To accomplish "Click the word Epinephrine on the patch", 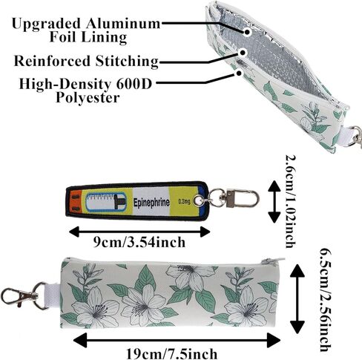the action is pos(151,203).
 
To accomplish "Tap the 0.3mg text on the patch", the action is pos(184,202).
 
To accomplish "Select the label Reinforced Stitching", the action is pos(86,61).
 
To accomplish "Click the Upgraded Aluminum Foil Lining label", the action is pos(86,30).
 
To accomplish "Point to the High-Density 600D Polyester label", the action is pos(85,91).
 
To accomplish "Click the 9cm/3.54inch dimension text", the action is pos(139,243).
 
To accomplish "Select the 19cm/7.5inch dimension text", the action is pos(172,354).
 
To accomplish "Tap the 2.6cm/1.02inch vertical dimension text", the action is pos(291,201).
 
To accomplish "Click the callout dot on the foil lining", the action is pos(247,32).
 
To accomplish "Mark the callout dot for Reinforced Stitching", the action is pos(243,53).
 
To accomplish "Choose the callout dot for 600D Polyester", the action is pos(239,73).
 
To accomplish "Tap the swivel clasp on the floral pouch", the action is pos(24,295).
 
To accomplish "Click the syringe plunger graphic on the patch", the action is pos(119,203).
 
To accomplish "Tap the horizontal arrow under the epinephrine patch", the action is pos(139,232).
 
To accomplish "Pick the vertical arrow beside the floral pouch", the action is pos(297,298).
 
